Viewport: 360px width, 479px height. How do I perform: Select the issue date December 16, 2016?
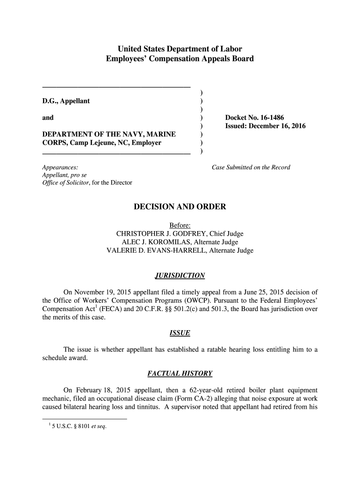pos(276,126)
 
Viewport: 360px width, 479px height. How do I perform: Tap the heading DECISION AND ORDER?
pos(180,207)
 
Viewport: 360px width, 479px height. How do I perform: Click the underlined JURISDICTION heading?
pos(180,276)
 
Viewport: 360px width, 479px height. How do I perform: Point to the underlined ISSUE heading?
pos(180,333)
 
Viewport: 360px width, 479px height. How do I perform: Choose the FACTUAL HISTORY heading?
pos(180,373)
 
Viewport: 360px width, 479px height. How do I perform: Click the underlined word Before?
pos(180,225)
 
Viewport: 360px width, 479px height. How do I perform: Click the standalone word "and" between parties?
pos(48,117)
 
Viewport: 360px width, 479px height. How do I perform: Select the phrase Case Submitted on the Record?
pos(251,167)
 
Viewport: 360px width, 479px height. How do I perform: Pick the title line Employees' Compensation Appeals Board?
pos(180,59)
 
